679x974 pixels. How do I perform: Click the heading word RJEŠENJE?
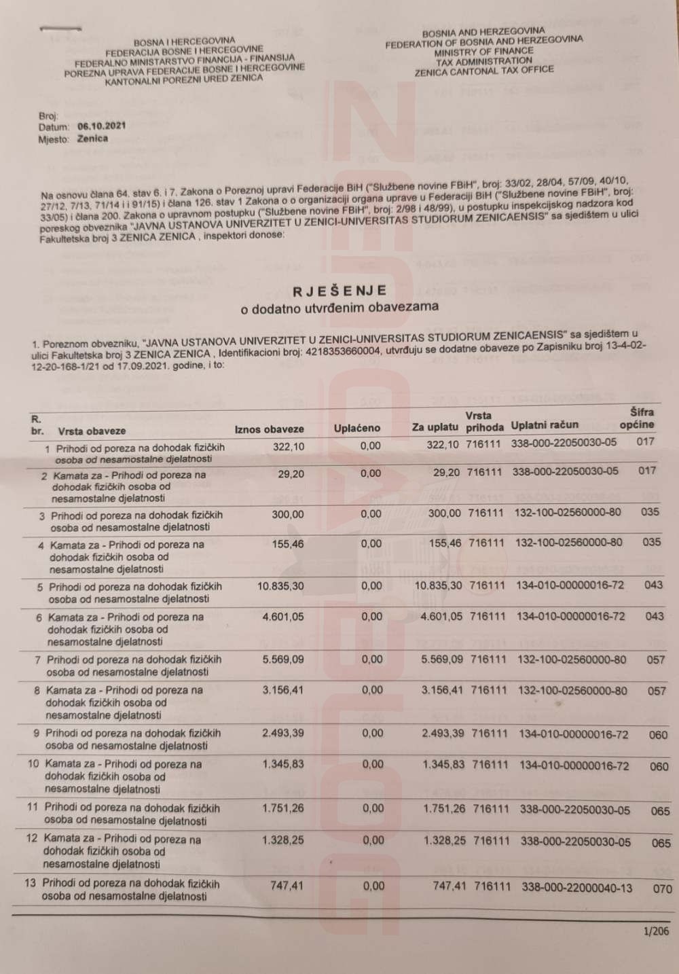[339, 291]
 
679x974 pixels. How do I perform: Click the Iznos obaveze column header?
[269, 429]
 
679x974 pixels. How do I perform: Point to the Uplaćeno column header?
[357, 429]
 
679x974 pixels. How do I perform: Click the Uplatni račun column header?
[545, 425]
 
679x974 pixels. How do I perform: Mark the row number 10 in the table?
[33, 763]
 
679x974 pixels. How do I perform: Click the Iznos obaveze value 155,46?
[288, 544]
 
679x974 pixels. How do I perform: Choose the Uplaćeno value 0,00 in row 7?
[371, 659]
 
